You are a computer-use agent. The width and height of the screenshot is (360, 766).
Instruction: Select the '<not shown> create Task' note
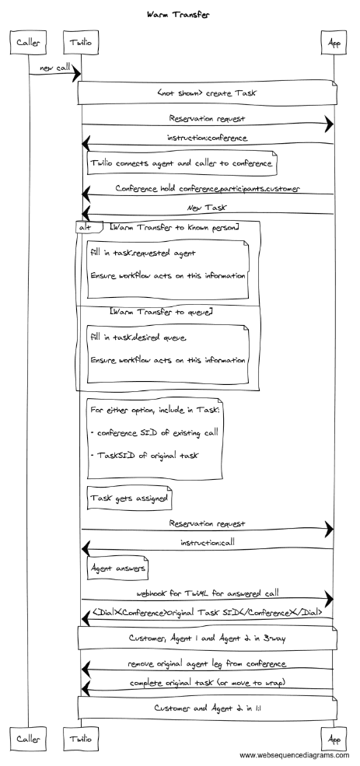(208, 93)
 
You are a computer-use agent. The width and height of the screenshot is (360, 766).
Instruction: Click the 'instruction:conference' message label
(208, 138)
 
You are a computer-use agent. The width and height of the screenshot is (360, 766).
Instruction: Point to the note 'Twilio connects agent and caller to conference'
(180, 163)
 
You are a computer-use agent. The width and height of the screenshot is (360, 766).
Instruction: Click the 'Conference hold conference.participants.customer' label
(208, 188)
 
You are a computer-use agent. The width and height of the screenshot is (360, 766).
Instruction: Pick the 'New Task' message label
(208, 208)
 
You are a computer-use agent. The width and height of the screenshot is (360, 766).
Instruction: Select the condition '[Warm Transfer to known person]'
(174, 226)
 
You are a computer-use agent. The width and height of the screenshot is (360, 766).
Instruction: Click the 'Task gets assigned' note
(128, 497)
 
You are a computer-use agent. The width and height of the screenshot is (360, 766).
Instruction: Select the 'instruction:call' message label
(208, 542)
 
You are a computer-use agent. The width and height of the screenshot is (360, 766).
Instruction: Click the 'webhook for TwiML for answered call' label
(208, 593)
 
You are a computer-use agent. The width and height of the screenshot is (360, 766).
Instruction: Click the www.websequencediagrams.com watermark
(294, 755)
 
